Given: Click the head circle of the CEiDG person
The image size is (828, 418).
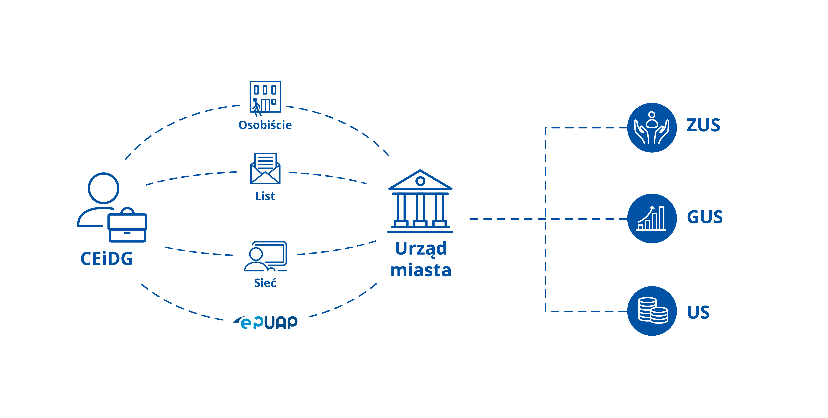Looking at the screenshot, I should (x=103, y=188).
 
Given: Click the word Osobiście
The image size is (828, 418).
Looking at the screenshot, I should (x=265, y=125).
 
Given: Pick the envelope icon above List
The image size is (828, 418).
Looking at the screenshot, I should (x=265, y=169).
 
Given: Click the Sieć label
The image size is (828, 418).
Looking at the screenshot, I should (x=265, y=283).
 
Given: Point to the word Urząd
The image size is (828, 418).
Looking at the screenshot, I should (x=421, y=249).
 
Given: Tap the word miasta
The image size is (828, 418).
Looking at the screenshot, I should (x=421, y=270).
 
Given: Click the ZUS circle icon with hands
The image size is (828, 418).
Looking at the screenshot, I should (x=652, y=128).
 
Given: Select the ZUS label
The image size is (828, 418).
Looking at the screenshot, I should (x=703, y=125).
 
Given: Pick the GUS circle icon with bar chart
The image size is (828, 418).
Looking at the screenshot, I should (x=652, y=219).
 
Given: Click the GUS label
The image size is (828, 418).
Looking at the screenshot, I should (x=705, y=217).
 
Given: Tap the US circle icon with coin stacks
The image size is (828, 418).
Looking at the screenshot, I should (x=652, y=311).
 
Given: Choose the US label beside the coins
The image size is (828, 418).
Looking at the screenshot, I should (x=698, y=312).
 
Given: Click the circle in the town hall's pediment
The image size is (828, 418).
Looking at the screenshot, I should (x=420, y=181).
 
